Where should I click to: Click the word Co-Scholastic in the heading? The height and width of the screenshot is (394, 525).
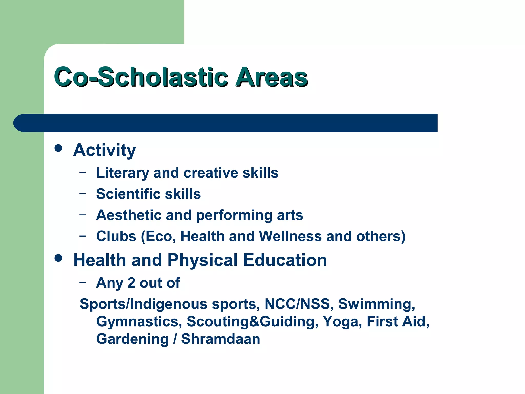coord(141,77)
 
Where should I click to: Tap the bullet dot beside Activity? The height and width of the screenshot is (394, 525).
coord(58,148)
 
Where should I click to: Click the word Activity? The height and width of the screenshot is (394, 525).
coord(105,150)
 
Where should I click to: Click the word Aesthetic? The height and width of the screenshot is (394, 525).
coord(129,215)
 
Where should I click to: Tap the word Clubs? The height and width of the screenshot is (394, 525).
coord(116,236)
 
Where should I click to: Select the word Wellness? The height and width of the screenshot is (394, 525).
coord(290,236)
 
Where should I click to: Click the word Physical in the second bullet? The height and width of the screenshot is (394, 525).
coord(203,260)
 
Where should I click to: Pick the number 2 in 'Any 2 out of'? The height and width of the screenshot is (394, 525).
coord(131,283)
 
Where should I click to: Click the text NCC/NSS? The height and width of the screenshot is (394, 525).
coord(297,304)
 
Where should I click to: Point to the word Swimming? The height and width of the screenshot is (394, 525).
coord(376,304)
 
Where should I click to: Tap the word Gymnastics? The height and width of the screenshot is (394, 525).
coord(139,322)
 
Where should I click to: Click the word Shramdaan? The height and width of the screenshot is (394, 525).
coord(221,339)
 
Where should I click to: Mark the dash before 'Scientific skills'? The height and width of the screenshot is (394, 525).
coord(83,193)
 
